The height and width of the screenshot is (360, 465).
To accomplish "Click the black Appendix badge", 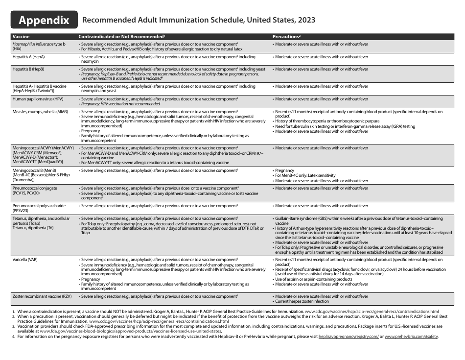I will [x=44, y=20].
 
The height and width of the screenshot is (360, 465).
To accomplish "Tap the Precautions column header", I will [x=286, y=37].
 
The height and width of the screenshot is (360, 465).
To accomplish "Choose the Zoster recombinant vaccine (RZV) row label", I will [x=44, y=296].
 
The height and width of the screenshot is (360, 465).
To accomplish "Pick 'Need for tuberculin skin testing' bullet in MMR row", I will [x=345, y=126].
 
